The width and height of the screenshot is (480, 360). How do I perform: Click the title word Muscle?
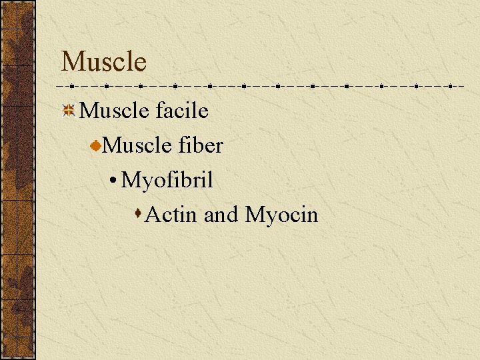[103, 61]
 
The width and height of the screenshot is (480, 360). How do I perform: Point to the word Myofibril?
[167, 180]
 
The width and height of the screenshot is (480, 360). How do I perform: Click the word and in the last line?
[221, 215]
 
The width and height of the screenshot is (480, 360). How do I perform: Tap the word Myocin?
[282, 215]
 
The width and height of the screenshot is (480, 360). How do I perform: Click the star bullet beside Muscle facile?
[68, 110]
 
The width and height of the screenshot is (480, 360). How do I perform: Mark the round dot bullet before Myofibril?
[115, 181]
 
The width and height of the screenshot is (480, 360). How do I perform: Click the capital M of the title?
[72, 62]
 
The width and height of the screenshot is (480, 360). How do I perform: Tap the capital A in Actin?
[153, 215]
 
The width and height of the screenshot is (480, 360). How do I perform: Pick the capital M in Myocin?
[255, 215]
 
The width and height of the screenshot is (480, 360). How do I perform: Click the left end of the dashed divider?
[59, 86]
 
